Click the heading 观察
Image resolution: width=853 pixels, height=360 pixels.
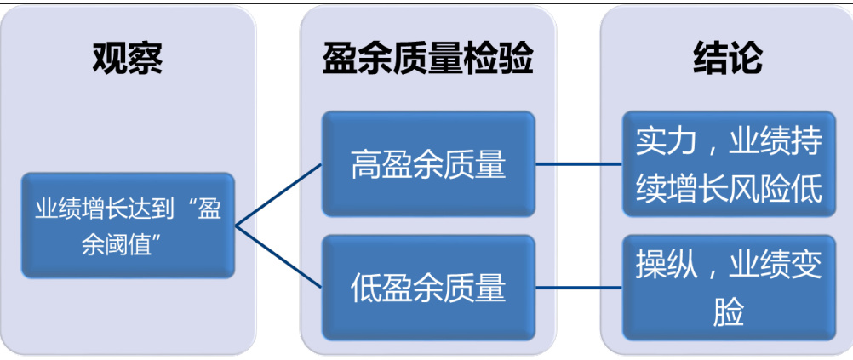[x=128, y=58]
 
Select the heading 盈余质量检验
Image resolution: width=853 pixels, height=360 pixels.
[x=427, y=58]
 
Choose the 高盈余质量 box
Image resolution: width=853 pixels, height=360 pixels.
[x=428, y=163]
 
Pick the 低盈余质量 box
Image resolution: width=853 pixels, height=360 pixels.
[x=428, y=287]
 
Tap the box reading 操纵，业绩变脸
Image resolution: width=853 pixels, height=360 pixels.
[x=728, y=288]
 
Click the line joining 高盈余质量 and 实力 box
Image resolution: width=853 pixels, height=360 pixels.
[x=579, y=163]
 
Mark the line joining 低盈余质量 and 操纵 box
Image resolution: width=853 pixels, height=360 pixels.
[x=579, y=287]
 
